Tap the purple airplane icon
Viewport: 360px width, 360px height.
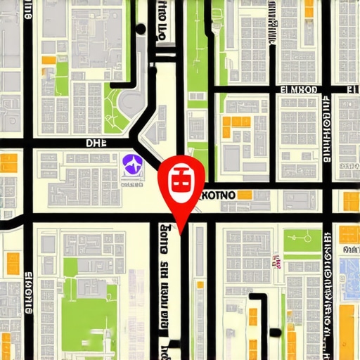click(131, 166)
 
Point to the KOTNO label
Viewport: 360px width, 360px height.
click(218, 194)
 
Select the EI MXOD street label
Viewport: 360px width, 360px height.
click(300, 90)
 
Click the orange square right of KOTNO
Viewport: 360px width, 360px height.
click(245, 195)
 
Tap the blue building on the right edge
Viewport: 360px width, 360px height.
click(349, 271)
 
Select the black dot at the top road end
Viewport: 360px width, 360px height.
click(141, 29)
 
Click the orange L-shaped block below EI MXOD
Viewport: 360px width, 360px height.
click(236, 126)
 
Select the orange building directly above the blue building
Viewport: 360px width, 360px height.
click(349, 234)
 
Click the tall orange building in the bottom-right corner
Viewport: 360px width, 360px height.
click(346, 330)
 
